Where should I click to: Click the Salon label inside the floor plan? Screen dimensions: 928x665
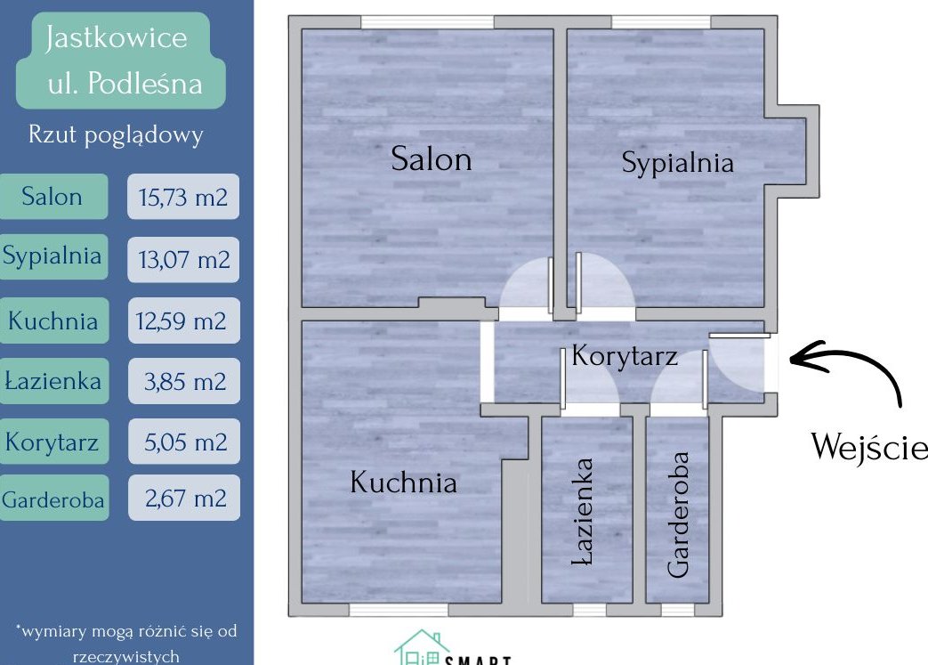coord(432,158)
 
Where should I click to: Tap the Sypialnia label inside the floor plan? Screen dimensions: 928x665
coord(678,162)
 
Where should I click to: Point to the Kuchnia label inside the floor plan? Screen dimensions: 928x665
coord(404,482)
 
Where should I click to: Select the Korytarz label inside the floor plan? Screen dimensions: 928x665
coord(625,356)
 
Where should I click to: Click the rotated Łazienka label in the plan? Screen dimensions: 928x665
coord(583,511)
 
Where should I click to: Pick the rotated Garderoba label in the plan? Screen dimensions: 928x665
coord(678,515)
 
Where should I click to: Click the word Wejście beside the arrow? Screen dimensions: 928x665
coord(868,446)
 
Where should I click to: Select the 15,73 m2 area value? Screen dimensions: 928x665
coord(183,198)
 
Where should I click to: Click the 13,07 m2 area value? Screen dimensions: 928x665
coord(184,259)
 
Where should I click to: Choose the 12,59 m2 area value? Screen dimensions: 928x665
coord(182,321)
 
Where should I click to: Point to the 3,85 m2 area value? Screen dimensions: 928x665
coord(185,382)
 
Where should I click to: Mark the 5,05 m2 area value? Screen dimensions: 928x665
coord(185,442)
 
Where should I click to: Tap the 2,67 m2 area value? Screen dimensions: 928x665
coord(185,499)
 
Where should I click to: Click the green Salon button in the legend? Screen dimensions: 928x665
coord(53,197)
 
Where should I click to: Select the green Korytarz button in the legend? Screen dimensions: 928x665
coord(54,442)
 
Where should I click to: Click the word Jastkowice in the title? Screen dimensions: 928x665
coord(116,38)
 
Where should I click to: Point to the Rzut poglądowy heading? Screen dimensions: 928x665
coord(116,135)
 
